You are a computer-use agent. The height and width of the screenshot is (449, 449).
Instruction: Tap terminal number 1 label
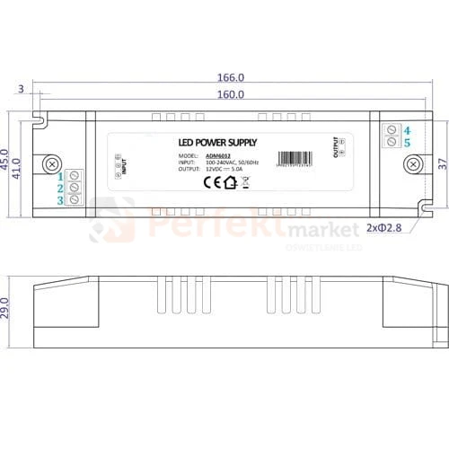click(61, 176)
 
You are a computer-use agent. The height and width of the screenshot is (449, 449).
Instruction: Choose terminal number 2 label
click(61, 189)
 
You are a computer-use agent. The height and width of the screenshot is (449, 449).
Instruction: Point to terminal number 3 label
click(61, 201)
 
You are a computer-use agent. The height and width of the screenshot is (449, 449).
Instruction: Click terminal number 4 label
click(407, 130)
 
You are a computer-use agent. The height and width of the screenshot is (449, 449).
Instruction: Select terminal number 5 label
click(407, 142)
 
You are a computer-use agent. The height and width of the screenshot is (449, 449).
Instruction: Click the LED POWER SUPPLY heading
click(218, 143)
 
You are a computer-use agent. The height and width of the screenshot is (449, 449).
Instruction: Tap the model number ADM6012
click(218, 154)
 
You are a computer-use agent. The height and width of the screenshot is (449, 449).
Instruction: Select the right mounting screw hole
click(412, 164)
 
